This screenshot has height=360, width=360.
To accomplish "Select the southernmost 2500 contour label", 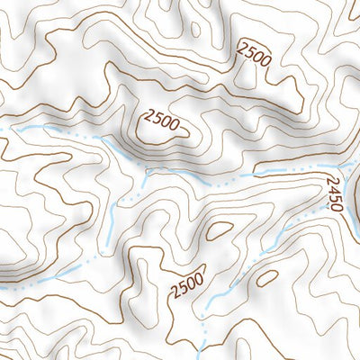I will pos(189,282).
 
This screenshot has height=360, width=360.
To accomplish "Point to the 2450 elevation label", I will pos(332,193).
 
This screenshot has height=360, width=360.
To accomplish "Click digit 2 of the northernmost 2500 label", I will pos(242,48).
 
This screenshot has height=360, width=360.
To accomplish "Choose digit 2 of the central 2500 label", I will pos(148,115).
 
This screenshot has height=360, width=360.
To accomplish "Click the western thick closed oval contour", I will pos(219,229).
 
